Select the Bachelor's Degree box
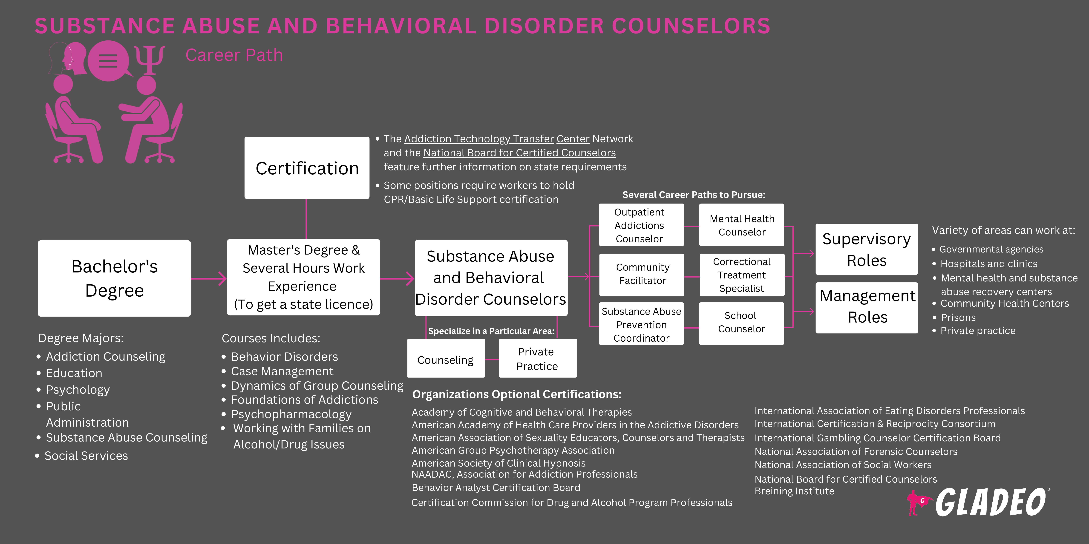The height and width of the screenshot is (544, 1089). pos(114,278)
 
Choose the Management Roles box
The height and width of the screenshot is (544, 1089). pos(867,307)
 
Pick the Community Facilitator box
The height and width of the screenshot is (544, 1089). pos(642,274)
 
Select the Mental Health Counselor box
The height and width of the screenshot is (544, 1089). pos(741,225)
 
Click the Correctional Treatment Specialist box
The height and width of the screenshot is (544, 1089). pos(741,275)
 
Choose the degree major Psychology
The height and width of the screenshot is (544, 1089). pos(78,389)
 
